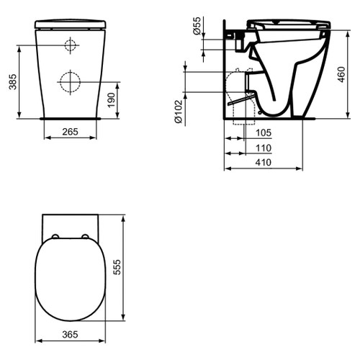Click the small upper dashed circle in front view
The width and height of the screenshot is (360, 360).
click(70, 46)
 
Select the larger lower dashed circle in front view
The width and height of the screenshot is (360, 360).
click(70, 81)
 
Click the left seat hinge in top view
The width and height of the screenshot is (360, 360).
click(55, 236)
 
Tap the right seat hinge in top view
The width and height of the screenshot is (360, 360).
click(85, 236)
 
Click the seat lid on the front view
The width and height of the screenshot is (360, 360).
click(70, 23)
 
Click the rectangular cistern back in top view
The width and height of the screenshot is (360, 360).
click(70, 223)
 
